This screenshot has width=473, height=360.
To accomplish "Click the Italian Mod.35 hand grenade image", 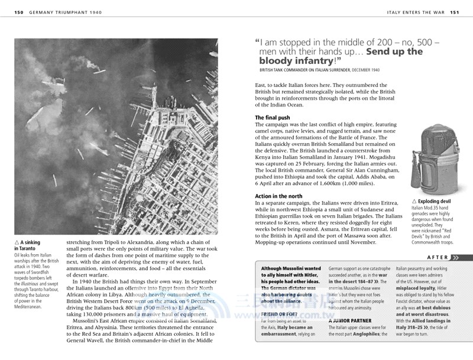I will tap(435, 159).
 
